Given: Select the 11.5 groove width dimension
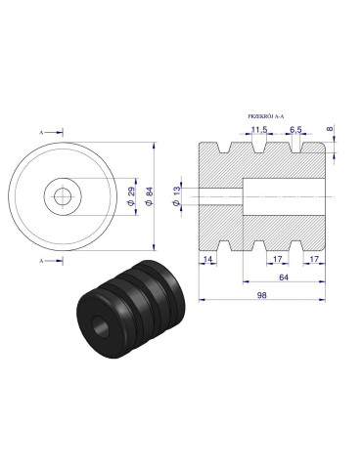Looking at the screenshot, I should coord(258,129).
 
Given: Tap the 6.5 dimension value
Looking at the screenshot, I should coord(294,129).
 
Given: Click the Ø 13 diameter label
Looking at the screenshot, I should coord(177,195).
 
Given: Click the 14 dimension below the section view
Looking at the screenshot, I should coord(208,259).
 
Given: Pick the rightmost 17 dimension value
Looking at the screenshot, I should coord(313,259).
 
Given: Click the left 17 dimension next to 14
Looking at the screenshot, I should coord(277,259).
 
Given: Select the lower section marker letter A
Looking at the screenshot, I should coord(42,262).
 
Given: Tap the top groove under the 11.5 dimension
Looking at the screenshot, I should coord(258,149).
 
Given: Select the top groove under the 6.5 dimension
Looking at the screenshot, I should coord(294,149).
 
